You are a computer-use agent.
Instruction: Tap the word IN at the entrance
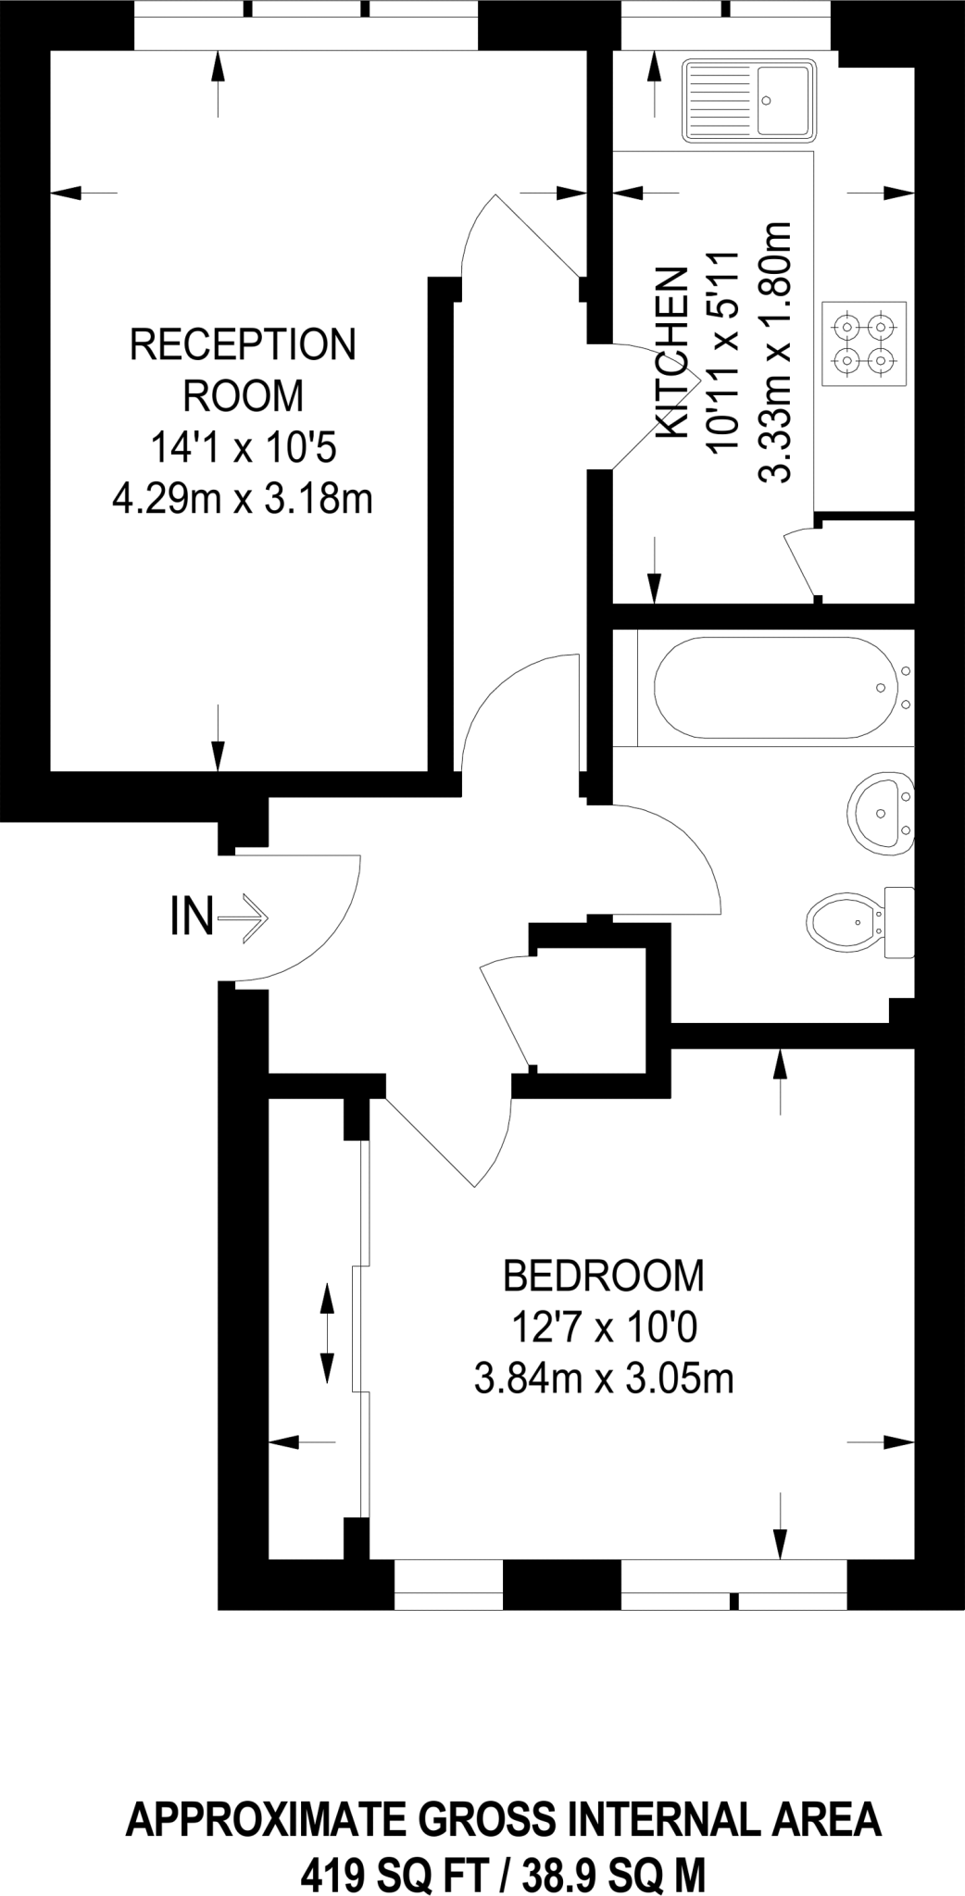(x=192, y=917)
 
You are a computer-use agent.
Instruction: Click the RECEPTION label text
(x=243, y=344)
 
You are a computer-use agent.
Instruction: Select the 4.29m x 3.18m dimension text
(x=243, y=501)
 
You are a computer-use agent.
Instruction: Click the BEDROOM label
(x=603, y=1276)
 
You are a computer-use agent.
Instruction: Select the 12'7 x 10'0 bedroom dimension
(x=603, y=1329)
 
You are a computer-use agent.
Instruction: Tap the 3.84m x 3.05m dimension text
(x=603, y=1380)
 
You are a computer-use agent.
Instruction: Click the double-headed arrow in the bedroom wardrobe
(x=327, y=1333)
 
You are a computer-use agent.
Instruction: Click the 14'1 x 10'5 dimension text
(x=243, y=450)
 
